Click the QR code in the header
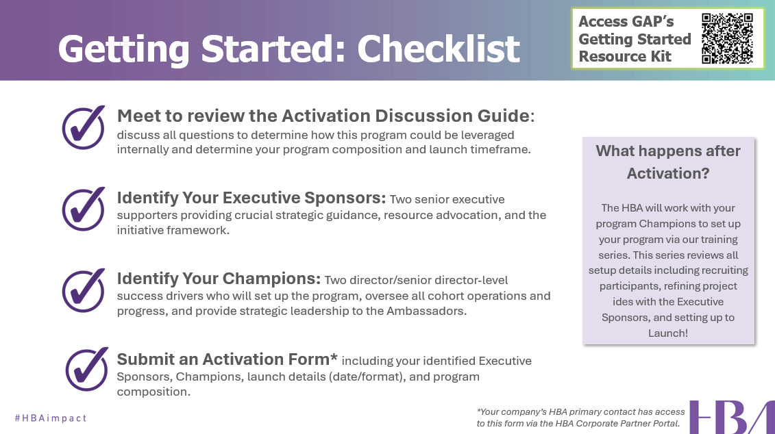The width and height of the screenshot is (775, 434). point(727,38)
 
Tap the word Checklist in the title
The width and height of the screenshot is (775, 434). point(439,49)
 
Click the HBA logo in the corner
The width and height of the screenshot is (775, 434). point(732,417)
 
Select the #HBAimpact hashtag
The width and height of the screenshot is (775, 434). point(51,418)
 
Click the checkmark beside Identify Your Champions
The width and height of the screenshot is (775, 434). point(84,290)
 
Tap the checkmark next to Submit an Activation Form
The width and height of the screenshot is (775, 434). point(87,370)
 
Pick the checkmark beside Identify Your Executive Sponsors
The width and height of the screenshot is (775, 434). point(84,209)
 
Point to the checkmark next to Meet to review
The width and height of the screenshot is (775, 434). point(84,127)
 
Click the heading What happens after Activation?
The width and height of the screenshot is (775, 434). point(668,162)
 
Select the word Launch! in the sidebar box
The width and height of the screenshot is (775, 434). point(668,333)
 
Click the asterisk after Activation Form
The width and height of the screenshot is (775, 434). point(334,357)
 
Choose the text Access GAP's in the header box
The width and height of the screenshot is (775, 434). point(626,22)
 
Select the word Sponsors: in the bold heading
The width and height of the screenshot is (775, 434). point(345,198)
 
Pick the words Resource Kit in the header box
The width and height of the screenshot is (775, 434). point(625,56)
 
